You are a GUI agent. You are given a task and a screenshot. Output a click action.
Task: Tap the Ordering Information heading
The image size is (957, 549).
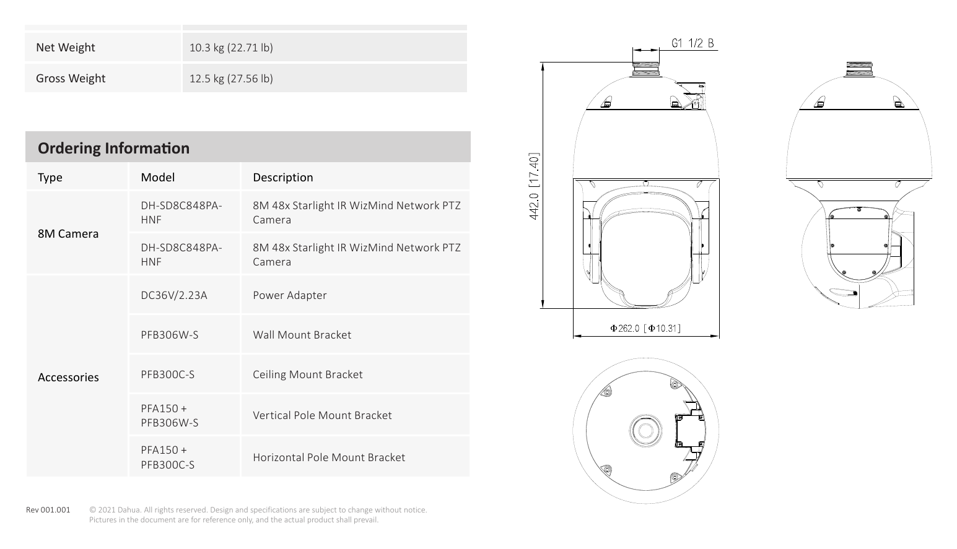(x=113, y=148)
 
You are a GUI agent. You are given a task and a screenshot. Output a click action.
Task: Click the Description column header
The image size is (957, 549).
(x=283, y=177)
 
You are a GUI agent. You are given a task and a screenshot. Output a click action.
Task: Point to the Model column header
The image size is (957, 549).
(x=158, y=177)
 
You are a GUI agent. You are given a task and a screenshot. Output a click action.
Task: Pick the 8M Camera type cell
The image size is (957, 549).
(x=68, y=233)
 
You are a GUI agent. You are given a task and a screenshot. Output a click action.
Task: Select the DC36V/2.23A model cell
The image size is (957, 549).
(x=174, y=295)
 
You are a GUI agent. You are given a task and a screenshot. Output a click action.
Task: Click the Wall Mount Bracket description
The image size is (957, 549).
(x=302, y=335)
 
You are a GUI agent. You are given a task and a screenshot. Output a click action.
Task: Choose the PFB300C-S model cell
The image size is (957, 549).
(x=167, y=374)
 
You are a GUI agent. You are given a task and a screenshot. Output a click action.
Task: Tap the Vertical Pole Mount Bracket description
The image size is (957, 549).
(x=322, y=415)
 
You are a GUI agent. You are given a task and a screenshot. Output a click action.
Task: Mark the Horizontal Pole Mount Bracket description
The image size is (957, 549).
(x=329, y=457)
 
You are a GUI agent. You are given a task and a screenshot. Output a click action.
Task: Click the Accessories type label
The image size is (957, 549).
(x=68, y=378)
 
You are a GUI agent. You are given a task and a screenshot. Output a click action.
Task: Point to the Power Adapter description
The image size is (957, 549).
(x=290, y=295)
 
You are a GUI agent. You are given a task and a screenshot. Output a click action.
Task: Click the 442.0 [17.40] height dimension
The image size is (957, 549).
(x=534, y=186)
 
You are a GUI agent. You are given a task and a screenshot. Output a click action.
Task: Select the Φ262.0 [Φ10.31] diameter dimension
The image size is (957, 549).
(x=645, y=328)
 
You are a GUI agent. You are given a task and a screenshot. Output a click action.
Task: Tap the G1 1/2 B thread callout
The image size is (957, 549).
(x=693, y=43)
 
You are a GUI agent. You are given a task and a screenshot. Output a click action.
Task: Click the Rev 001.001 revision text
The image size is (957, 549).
(x=48, y=510)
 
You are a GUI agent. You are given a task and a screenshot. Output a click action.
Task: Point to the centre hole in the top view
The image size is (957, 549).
(x=645, y=430)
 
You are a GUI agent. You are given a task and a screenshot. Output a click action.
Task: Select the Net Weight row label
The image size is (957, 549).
(x=66, y=48)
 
